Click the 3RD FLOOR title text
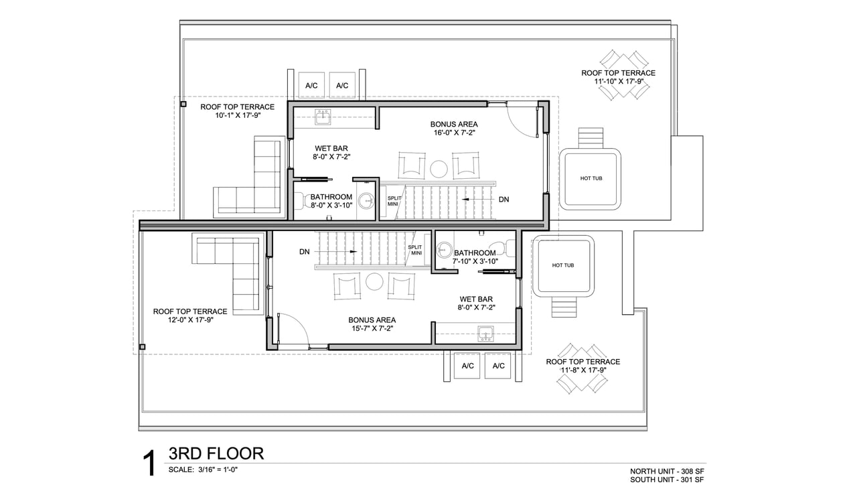click(x=216, y=453)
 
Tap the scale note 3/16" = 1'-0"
click(x=218, y=470)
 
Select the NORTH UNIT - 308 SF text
click(x=667, y=472)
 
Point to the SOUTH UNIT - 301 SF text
click(x=667, y=480)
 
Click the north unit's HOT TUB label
click(x=591, y=178)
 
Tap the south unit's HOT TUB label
click(x=563, y=265)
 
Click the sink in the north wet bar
click(x=323, y=117)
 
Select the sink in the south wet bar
click(x=485, y=334)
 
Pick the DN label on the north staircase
click(x=504, y=200)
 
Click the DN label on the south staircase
click(x=305, y=252)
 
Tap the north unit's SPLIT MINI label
click(x=394, y=201)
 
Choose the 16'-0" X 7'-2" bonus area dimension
click(x=454, y=133)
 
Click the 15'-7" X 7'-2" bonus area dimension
click(x=372, y=328)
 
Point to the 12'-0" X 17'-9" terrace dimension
click(x=191, y=320)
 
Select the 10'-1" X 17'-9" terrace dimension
click(x=238, y=115)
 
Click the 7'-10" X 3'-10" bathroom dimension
click(x=475, y=261)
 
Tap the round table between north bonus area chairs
click(x=439, y=169)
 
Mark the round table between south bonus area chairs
click(x=374, y=282)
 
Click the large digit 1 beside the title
click(x=149, y=464)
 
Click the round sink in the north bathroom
click(x=367, y=201)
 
